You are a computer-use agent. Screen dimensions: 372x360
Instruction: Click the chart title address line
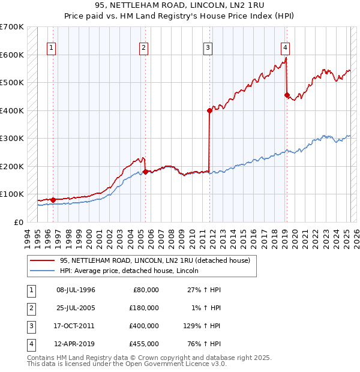click(179, 5)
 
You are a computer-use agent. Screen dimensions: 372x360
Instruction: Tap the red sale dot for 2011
click(209, 110)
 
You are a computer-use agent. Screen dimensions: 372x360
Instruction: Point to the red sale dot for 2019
click(287, 95)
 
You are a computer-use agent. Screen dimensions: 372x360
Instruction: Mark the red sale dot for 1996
click(53, 200)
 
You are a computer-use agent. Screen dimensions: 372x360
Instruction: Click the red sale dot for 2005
click(145, 172)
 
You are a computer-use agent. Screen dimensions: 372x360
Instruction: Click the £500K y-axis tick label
click(12, 82)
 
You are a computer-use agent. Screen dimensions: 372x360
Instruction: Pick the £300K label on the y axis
click(12, 138)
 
